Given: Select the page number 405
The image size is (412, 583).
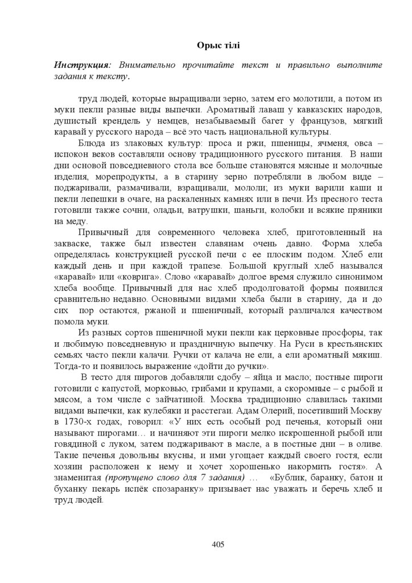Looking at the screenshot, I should coord(217,544).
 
